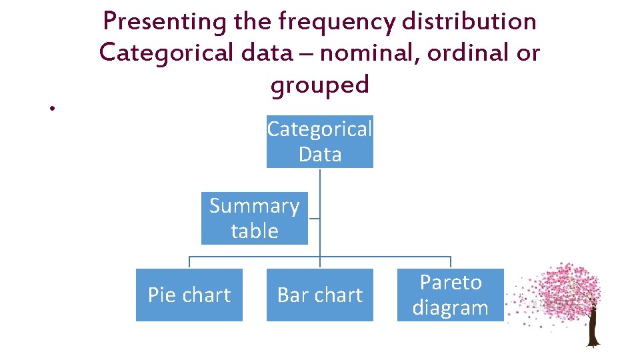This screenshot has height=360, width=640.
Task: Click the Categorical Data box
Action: coord(320,141)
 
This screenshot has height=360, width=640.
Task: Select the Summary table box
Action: coord(254,218)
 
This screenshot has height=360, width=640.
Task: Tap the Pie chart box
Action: coord(189,295)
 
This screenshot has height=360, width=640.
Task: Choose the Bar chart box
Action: coord(320,295)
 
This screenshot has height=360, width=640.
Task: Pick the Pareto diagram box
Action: coord(451,295)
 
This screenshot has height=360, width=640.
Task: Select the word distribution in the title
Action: coord(469,22)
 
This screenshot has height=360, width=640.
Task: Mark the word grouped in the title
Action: coord(319,85)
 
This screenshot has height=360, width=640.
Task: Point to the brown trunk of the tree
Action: coord(591,330)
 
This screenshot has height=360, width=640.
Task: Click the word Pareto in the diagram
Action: coord(451,283)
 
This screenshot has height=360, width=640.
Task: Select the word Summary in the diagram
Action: coord(254,206)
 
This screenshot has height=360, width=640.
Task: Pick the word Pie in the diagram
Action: coord(161,295)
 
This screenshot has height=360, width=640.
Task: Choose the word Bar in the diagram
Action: coord(291,295)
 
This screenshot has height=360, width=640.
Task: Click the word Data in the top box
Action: coord(320,154)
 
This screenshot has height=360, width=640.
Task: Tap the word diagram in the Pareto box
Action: coord(451,308)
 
